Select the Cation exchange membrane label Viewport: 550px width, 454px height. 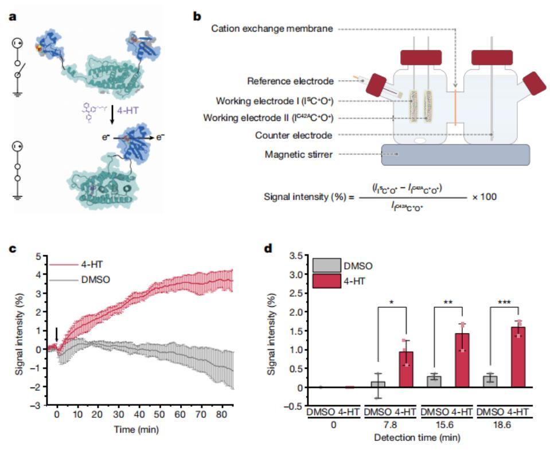[x=272, y=28]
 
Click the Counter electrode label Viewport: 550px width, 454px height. [x=295, y=136]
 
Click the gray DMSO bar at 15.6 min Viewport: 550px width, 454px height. [x=435, y=382]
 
